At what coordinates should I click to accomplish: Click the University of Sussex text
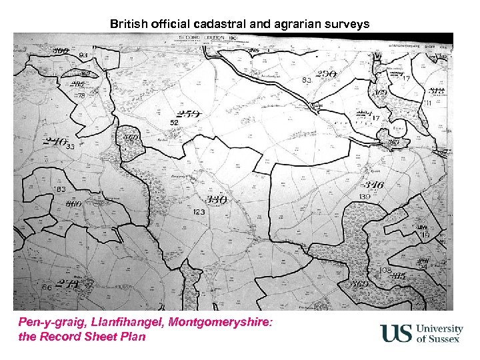pyautogui.click(x=439, y=334)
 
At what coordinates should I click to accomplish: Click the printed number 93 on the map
pyautogui.click(x=83, y=55)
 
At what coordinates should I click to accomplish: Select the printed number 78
pyautogui.click(x=81, y=96)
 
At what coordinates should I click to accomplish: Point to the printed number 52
pyautogui.click(x=174, y=123)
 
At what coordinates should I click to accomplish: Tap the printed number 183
pyautogui.click(x=59, y=190)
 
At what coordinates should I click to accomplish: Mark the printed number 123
pyautogui.click(x=199, y=212)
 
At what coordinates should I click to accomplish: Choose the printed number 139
pyautogui.click(x=365, y=197)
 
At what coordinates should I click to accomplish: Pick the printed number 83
pyautogui.click(x=307, y=80)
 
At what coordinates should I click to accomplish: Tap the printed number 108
pyautogui.click(x=384, y=271)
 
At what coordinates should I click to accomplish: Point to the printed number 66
pyautogui.click(x=46, y=287)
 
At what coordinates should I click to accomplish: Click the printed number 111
pyautogui.click(x=427, y=104)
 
